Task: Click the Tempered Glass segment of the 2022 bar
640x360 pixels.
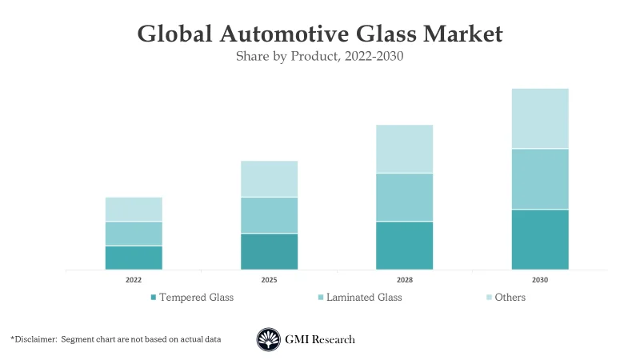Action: [134, 258]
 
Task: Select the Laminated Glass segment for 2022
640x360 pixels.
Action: [134, 234]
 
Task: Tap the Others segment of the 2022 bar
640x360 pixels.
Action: [134, 209]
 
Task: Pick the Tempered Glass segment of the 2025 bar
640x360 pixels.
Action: [269, 251]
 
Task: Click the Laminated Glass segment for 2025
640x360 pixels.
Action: [269, 215]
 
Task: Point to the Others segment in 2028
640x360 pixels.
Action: [404, 149]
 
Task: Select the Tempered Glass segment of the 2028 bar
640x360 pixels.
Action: [404, 246]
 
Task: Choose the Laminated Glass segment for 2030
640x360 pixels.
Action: [540, 179]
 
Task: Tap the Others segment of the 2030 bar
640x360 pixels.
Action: [540, 118]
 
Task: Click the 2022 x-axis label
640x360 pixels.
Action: [134, 281]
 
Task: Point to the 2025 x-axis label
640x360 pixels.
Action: [269, 281]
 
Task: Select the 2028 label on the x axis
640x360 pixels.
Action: [404, 281]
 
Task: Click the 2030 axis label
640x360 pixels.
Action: [540, 281]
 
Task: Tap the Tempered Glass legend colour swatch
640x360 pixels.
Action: [154, 298]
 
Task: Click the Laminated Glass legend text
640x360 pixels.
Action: [365, 298]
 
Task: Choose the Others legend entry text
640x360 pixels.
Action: [510, 298]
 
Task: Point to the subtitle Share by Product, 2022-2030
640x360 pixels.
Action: [319, 57]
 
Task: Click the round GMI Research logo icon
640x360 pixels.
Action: [269, 339]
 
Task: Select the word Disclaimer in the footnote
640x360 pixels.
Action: [38, 339]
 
